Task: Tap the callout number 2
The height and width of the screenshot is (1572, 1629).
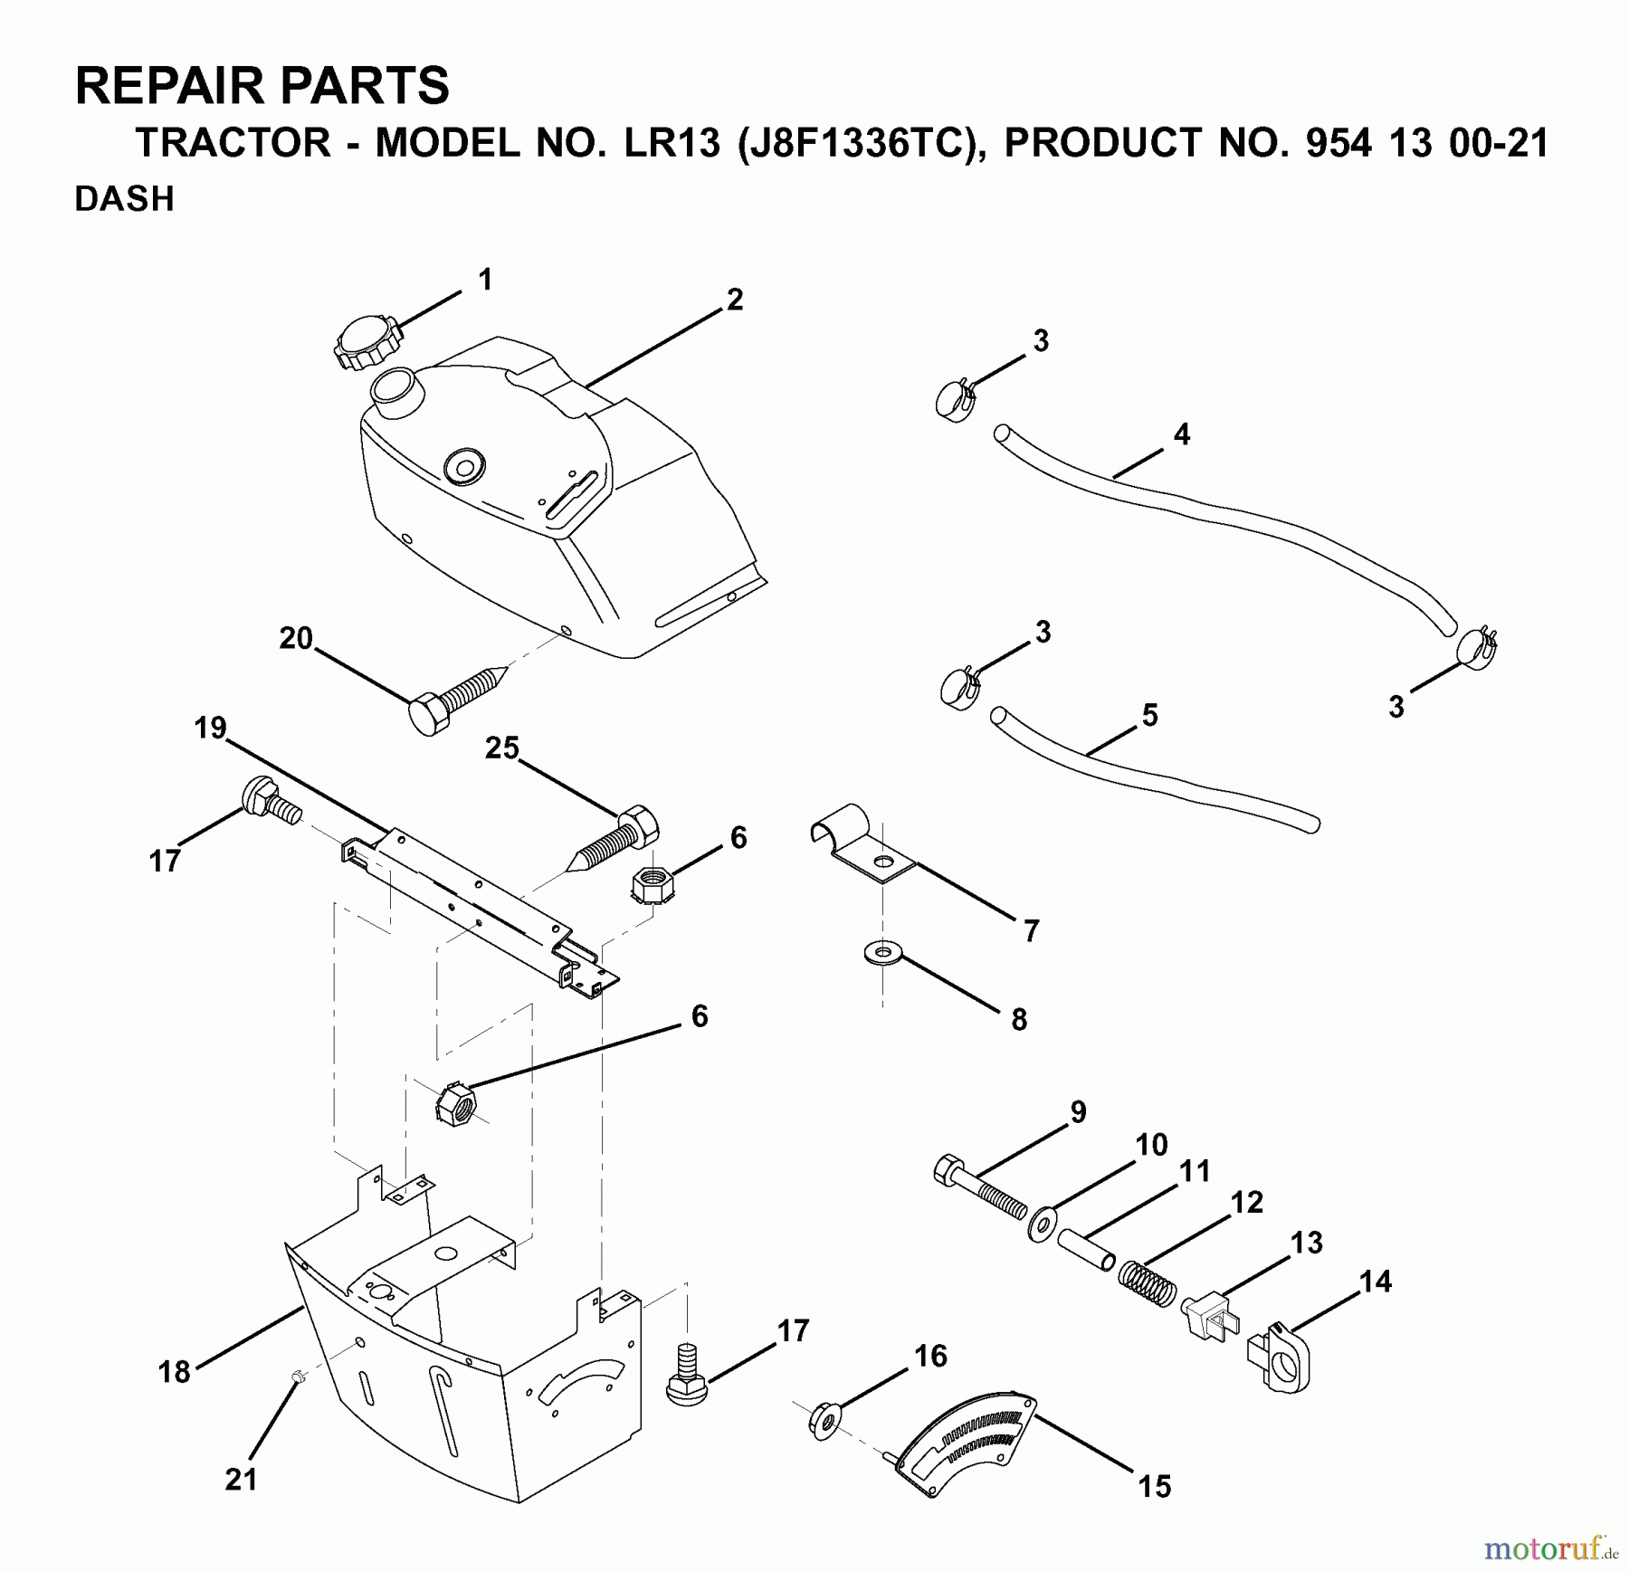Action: (734, 300)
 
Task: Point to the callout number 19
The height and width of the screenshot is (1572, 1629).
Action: (211, 728)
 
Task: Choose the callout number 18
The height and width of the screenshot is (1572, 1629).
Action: (175, 1371)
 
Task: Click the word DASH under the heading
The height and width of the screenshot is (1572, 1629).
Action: (124, 199)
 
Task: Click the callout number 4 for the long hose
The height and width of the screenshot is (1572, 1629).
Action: (1181, 434)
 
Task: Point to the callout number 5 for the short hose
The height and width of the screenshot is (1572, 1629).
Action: (1149, 715)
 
